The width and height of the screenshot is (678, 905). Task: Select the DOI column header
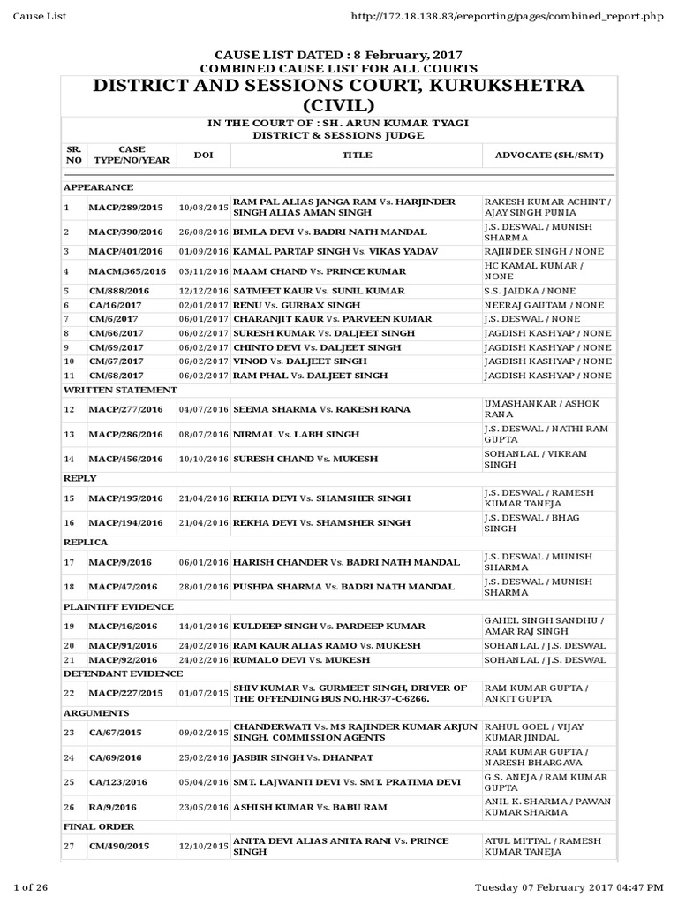tap(203, 156)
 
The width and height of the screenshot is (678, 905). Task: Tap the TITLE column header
tap(357, 156)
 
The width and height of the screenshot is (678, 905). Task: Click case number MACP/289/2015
tap(126, 208)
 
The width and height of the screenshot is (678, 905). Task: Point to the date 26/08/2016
tap(203, 232)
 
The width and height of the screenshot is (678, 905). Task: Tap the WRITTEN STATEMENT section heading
tap(120, 390)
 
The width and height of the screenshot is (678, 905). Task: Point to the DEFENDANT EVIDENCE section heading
tap(123, 673)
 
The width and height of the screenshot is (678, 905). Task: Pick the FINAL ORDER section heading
tap(99, 826)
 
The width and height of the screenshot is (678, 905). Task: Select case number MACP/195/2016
tap(126, 498)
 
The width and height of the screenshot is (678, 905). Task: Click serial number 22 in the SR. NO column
tap(69, 694)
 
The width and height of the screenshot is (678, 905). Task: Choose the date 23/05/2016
tap(203, 807)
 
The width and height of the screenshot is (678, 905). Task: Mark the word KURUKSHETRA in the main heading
tap(497, 86)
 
